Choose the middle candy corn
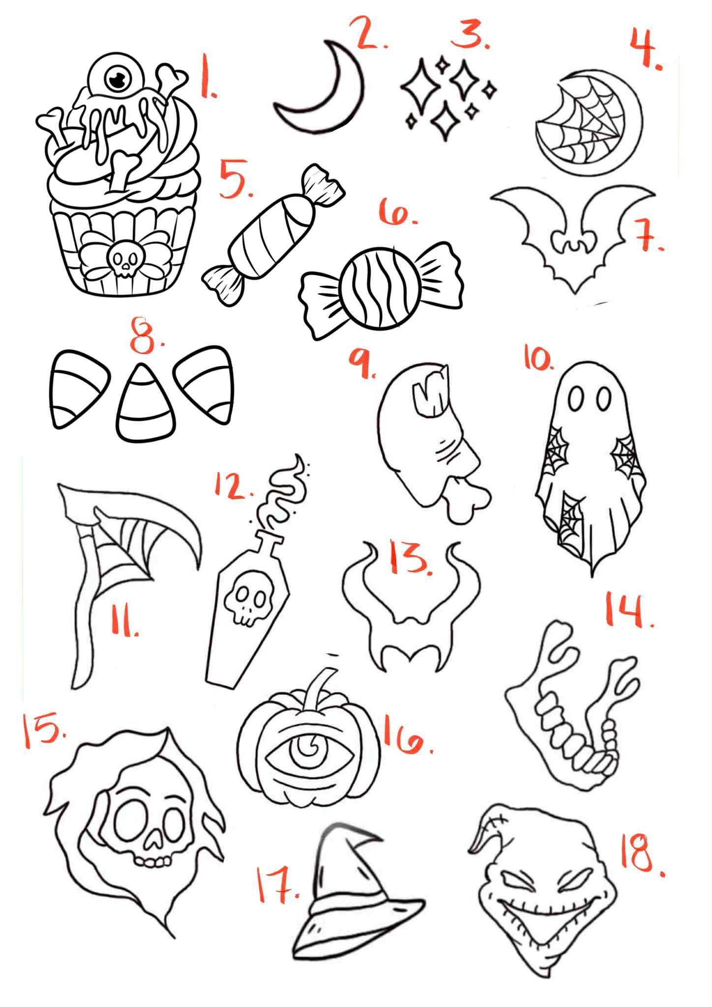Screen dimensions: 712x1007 coord(145,402)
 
